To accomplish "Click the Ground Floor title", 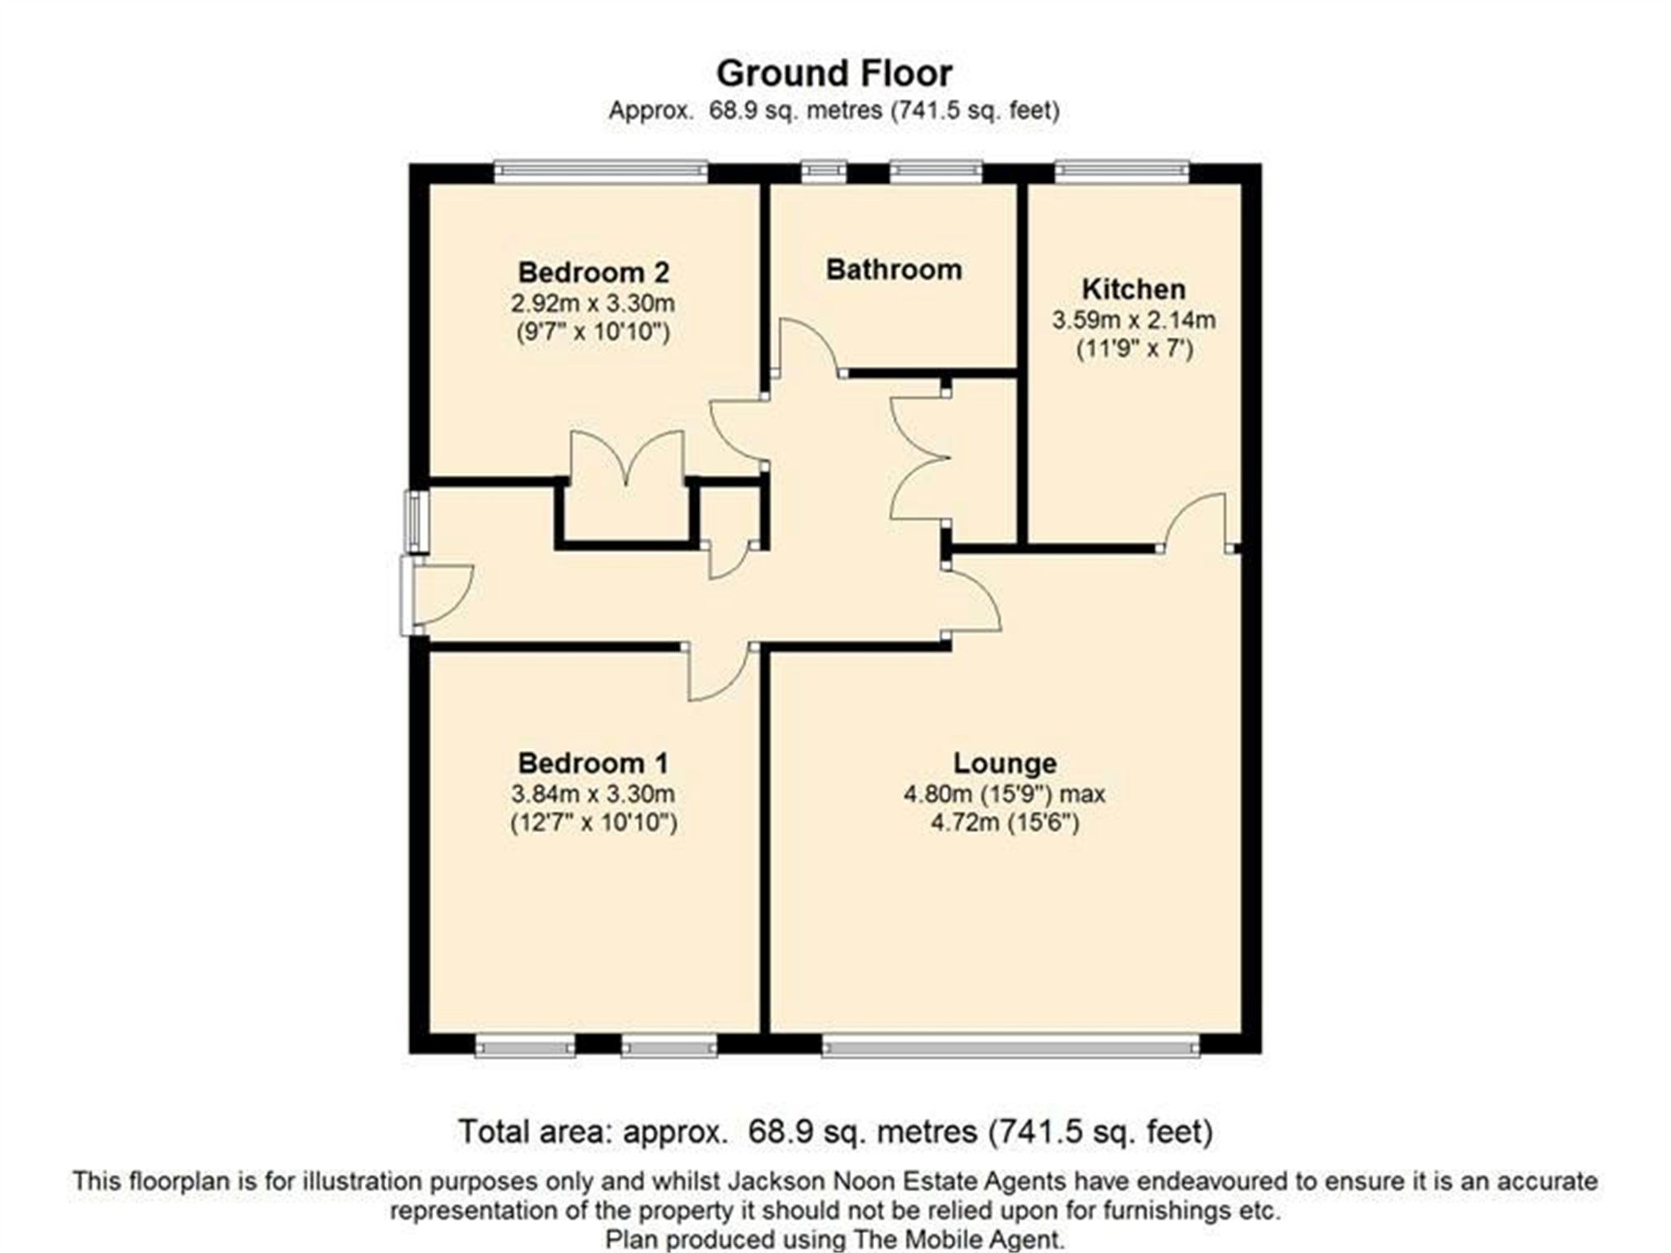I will [834, 73].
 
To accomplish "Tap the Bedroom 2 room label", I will [592, 272].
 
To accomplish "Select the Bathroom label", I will [894, 269].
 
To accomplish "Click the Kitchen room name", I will [1133, 289].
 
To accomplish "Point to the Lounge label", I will [1004, 763].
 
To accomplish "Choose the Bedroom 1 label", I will [592, 763].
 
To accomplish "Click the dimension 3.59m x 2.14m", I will [1133, 319].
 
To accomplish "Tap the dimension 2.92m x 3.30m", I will [592, 303].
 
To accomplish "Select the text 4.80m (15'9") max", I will [1004, 794].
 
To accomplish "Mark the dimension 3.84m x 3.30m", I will [592, 794].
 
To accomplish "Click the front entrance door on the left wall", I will [441, 594].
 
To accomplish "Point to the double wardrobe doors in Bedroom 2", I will [628, 458].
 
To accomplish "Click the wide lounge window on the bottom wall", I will [1010, 1047].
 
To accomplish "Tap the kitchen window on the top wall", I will [1121, 171].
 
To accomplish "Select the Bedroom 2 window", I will [601, 171].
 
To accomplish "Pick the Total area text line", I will [834, 1132].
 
